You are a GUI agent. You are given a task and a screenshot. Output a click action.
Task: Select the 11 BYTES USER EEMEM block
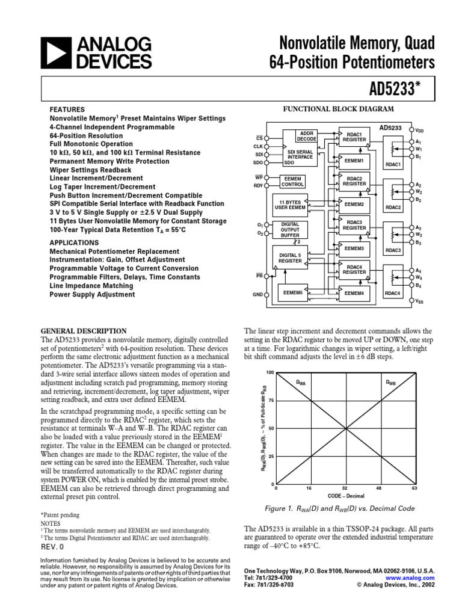290,204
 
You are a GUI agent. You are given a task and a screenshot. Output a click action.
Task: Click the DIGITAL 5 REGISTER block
290,258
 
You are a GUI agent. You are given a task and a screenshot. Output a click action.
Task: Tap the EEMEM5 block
292,292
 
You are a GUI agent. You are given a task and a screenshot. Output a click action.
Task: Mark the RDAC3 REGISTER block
354,225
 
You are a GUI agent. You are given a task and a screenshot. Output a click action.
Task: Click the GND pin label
257,295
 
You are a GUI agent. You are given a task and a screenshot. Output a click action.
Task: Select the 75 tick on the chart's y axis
270,401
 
